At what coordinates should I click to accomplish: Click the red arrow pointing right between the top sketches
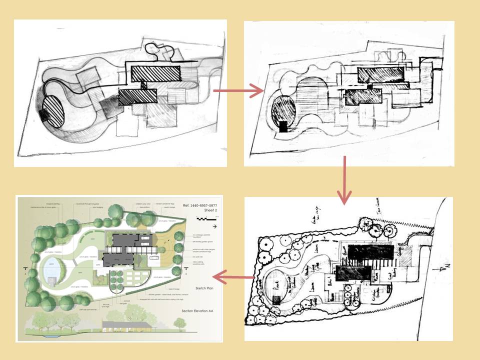click(x=238, y=91)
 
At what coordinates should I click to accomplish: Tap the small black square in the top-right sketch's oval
click(x=283, y=126)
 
